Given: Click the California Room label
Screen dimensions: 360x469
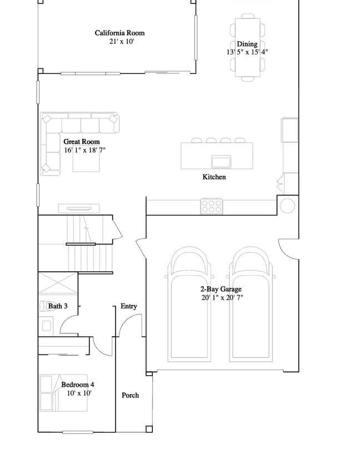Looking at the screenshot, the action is pos(119,33).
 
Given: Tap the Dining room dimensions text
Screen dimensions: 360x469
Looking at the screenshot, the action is pos(247,52).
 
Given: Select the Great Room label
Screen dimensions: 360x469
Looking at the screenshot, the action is pos(82,142).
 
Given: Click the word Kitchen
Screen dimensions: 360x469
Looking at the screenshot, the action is pos(214,177).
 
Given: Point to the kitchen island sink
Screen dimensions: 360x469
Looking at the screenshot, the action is pos(221,162).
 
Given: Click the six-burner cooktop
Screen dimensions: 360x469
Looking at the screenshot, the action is pos(212,206).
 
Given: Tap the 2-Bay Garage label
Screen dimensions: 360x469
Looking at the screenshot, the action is pos(221,290).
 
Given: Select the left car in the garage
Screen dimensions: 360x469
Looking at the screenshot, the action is pos(189,304).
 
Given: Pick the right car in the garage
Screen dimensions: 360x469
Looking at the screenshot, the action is pos(251,304).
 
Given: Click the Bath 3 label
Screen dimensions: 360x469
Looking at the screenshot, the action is pos(58,306).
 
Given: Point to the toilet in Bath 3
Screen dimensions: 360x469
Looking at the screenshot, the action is pos(44,306).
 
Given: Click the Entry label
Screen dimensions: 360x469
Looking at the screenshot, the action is pos(129,306).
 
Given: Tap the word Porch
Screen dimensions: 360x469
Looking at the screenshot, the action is pos(131,396).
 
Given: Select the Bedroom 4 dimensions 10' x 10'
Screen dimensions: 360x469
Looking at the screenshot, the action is pos(79,393).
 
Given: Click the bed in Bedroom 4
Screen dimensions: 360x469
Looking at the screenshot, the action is pos(63,393).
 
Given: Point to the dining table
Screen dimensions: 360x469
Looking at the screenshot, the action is pos(248,47).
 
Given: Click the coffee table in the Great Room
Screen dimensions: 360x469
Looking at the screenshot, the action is pos(86,158).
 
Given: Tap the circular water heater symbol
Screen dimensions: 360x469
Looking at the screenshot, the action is pos(288,206).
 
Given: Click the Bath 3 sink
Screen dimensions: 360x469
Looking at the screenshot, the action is pos(46,326).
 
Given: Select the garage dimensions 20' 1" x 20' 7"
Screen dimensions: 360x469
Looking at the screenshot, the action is pos(222,298).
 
